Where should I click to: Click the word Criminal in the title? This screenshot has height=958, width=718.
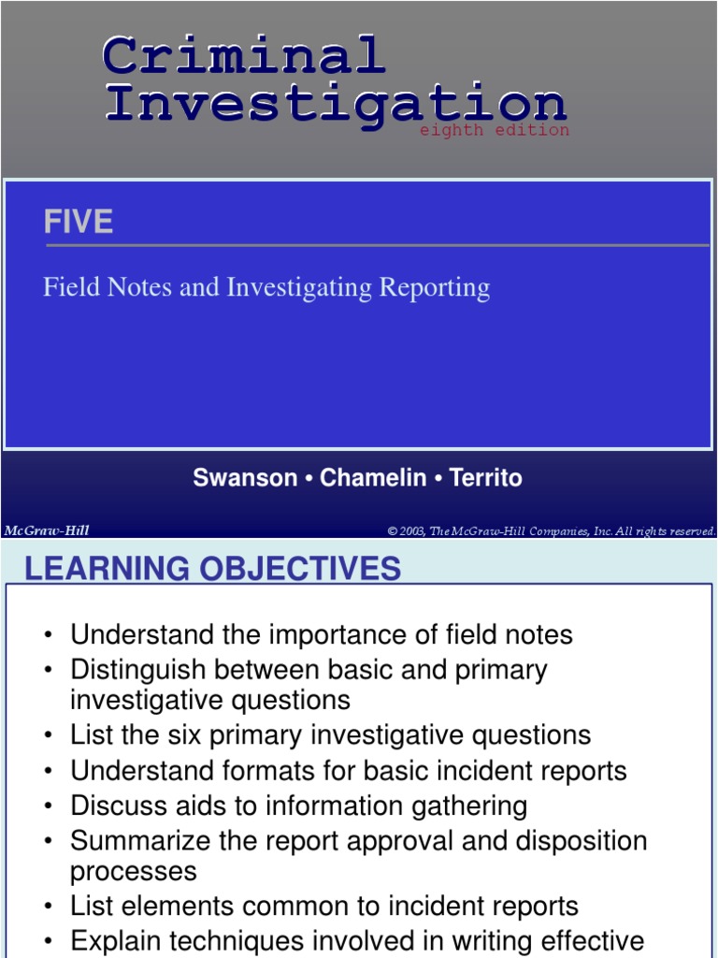click(x=243, y=56)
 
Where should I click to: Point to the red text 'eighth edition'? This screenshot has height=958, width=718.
click(x=494, y=130)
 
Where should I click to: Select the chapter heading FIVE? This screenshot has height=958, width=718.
click(x=78, y=222)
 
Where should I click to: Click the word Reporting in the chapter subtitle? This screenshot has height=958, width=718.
click(x=434, y=287)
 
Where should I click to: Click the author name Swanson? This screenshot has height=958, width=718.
click(x=245, y=478)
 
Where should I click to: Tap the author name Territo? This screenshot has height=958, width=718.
click(x=485, y=478)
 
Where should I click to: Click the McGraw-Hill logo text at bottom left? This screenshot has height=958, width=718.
click(x=47, y=530)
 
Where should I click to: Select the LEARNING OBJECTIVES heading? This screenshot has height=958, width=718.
click(x=212, y=568)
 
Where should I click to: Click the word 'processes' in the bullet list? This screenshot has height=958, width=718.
click(x=133, y=871)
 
